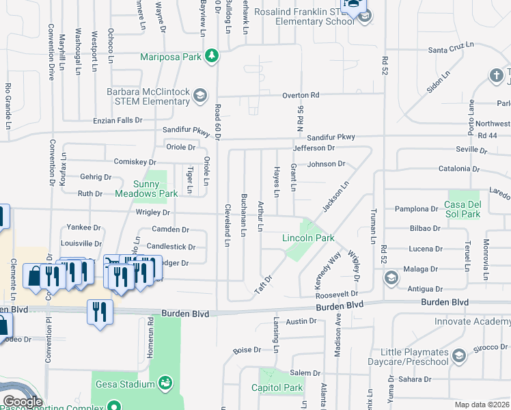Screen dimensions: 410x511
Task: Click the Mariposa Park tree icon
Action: click(212, 56)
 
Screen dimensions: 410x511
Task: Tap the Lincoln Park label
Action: click(308, 238)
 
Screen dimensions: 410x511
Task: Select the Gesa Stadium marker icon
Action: click(164, 383)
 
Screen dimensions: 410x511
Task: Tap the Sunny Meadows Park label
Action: click(156, 189)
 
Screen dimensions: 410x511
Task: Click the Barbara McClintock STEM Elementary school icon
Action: click(200, 94)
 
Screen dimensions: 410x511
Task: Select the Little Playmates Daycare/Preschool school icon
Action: click(459, 355)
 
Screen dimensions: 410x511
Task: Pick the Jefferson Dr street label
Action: click(314, 148)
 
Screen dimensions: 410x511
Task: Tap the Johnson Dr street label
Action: click(326, 164)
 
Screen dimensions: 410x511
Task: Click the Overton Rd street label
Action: click(301, 96)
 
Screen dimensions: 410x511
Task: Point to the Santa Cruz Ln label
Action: click(450, 50)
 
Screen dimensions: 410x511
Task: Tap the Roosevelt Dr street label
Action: click(337, 295)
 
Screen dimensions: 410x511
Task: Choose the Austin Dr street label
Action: click(302, 321)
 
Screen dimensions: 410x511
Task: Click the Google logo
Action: click(23, 402)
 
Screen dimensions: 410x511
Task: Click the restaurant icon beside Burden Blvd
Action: click(100, 312)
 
